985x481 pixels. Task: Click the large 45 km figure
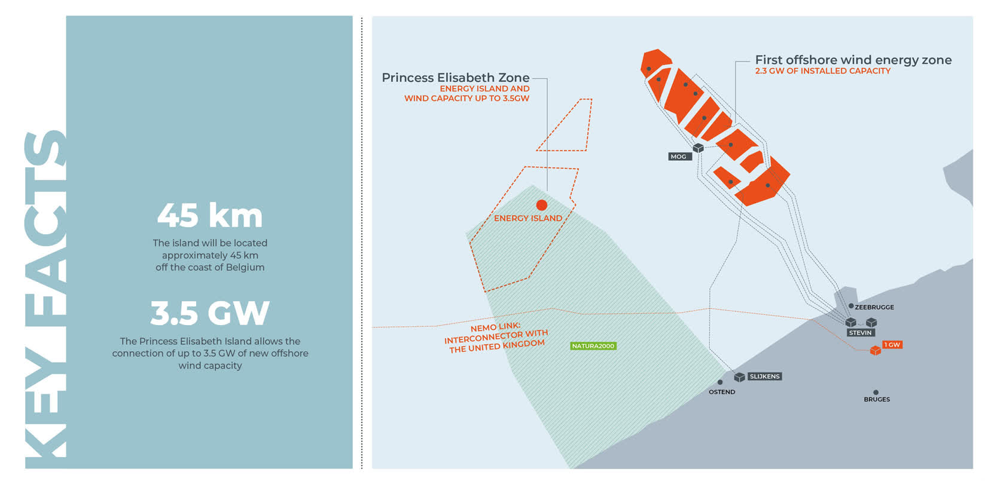tap(210, 216)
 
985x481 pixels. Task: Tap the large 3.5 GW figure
tap(210, 313)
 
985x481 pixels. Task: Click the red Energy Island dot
tap(542, 205)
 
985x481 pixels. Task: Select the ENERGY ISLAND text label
tap(528, 219)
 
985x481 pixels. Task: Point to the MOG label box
tap(679, 157)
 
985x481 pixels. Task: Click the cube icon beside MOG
tap(698, 148)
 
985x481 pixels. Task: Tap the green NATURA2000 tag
tap(593, 346)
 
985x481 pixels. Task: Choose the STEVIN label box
tap(861, 333)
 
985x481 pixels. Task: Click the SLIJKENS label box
tap(764, 376)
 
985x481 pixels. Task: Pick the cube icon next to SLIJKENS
tap(740, 377)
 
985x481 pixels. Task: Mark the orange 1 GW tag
tap(892, 345)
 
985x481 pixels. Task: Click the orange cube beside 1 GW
tap(876, 351)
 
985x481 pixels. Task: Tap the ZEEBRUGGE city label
tap(874, 307)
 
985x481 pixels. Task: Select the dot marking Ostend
tap(720, 382)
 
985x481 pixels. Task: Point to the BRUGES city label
tap(877, 399)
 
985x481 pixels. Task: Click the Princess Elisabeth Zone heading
tap(456, 78)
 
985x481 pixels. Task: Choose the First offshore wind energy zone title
tap(853, 60)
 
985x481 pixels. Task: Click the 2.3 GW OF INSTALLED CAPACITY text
tap(822, 71)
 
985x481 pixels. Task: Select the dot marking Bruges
tap(876, 393)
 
